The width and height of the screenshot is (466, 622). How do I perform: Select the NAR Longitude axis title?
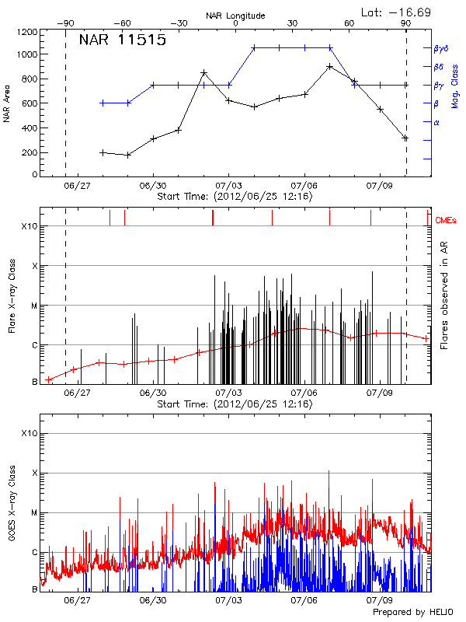click(x=235, y=15)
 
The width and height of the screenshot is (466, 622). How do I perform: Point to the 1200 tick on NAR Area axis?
click(x=26, y=33)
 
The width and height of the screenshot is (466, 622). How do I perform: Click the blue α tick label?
click(x=436, y=122)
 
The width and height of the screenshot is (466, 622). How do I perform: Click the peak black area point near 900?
click(x=330, y=66)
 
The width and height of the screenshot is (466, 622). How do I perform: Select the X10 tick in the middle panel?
click(x=30, y=226)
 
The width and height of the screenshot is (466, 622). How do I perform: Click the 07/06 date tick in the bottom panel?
click(x=304, y=600)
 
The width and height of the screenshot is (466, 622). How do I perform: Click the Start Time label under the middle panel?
click(x=235, y=404)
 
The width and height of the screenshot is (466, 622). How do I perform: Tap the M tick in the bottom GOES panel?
click(x=34, y=512)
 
